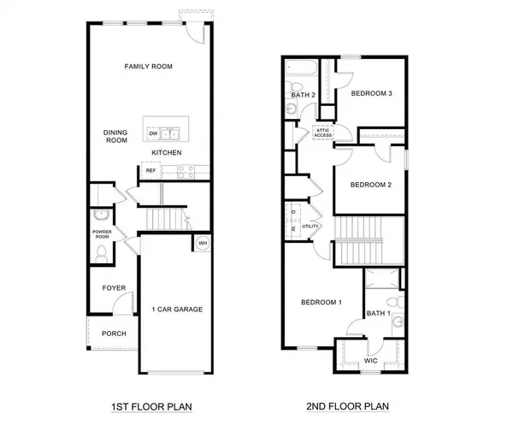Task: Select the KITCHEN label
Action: point(167,152)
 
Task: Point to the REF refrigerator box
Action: point(150,171)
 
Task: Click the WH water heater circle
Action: point(202,242)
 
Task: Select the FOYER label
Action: point(114,288)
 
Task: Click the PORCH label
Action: point(114,334)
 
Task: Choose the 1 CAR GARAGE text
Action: point(177,309)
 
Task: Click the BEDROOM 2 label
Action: point(371,184)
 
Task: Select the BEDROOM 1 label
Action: point(321,302)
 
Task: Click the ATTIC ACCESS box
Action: point(323,133)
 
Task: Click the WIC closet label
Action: point(370,361)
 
